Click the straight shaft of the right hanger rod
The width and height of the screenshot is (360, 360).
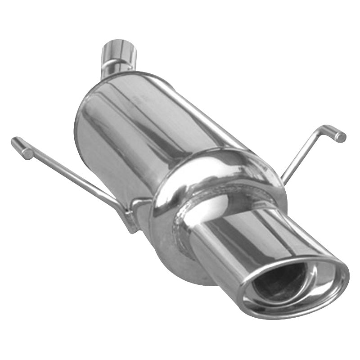pyautogui.click(x=301, y=155)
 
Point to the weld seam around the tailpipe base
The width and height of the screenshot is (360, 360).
pyautogui.click(x=184, y=234)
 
